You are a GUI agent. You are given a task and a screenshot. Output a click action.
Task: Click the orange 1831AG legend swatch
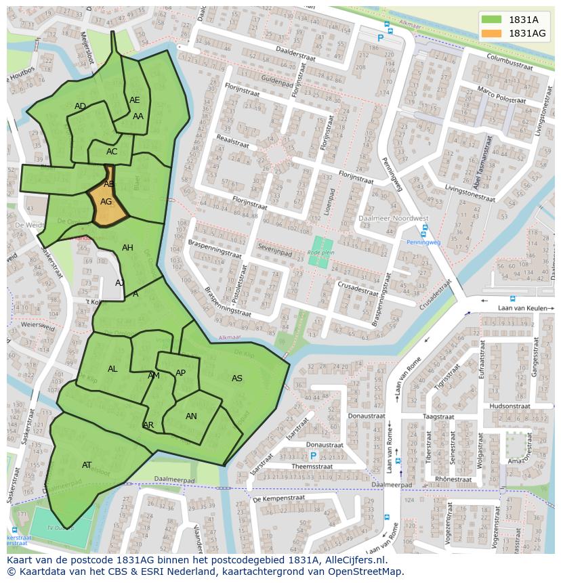pyautogui.click(x=492, y=33)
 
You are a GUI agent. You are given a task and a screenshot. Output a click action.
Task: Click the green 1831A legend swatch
pyautogui.click(x=492, y=20)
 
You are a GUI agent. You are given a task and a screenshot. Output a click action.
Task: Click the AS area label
pyautogui.click(x=237, y=379)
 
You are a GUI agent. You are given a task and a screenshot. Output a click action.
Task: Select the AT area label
pyautogui.click(x=87, y=465)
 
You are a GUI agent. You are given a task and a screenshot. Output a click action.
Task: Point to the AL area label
pyautogui.click(x=112, y=369)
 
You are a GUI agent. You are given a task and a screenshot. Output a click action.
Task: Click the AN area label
pyautogui.click(x=191, y=416)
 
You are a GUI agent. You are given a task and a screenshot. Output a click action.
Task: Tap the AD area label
pyautogui.click(x=81, y=106)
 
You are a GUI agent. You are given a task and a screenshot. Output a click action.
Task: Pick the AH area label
pyautogui.click(x=127, y=248)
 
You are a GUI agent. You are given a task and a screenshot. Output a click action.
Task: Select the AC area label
pyautogui.click(x=112, y=152)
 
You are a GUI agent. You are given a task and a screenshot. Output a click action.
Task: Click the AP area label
pyautogui.click(x=180, y=373)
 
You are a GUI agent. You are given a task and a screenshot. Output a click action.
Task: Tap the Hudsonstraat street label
pyautogui.click(x=509, y=406)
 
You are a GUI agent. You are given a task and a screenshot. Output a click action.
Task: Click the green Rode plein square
pyautogui.click(x=320, y=251)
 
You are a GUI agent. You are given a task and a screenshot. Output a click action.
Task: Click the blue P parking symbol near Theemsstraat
pyautogui.click(x=313, y=456)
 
